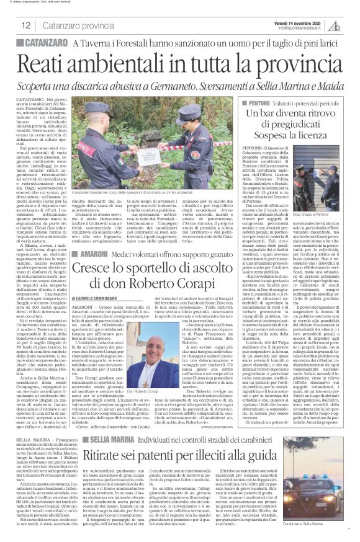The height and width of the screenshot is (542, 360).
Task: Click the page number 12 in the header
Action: pos(25,25)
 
